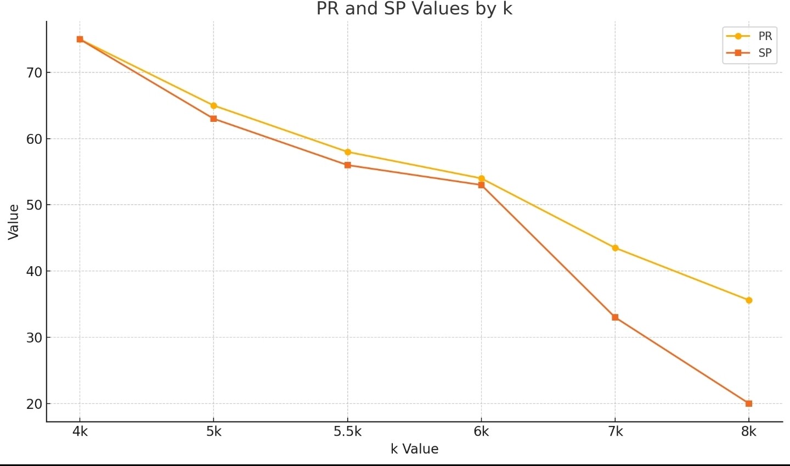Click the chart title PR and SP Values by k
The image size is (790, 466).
click(414, 9)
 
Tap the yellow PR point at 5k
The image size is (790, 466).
click(213, 105)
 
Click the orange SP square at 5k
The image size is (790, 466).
click(213, 119)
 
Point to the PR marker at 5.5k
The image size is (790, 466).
click(348, 152)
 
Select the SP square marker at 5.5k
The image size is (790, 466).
click(348, 165)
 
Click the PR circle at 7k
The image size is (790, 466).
click(615, 248)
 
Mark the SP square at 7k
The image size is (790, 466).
click(615, 317)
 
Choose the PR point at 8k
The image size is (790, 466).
click(749, 300)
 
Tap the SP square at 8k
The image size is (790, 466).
click(749, 403)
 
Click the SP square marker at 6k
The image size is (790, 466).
click(481, 185)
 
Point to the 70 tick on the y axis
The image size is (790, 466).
click(34, 72)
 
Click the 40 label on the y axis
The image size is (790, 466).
click(34, 271)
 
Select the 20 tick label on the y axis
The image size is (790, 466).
click(34, 404)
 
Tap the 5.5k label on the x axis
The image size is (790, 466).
click(348, 432)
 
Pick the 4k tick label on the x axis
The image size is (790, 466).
click(80, 432)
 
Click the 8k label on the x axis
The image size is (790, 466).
click(749, 432)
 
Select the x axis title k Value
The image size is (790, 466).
click(414, 449)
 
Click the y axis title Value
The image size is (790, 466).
click(14, 222)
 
